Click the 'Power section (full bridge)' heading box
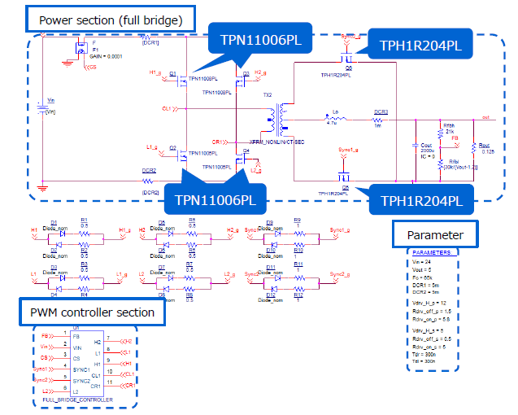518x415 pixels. point(110,17)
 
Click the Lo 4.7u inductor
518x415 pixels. point(334,119)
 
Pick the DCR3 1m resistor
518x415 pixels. point(381,119)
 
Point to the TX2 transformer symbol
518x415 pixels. point(281,120)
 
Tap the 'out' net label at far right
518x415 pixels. point(485,117)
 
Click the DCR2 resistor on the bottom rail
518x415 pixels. point(149,182)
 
